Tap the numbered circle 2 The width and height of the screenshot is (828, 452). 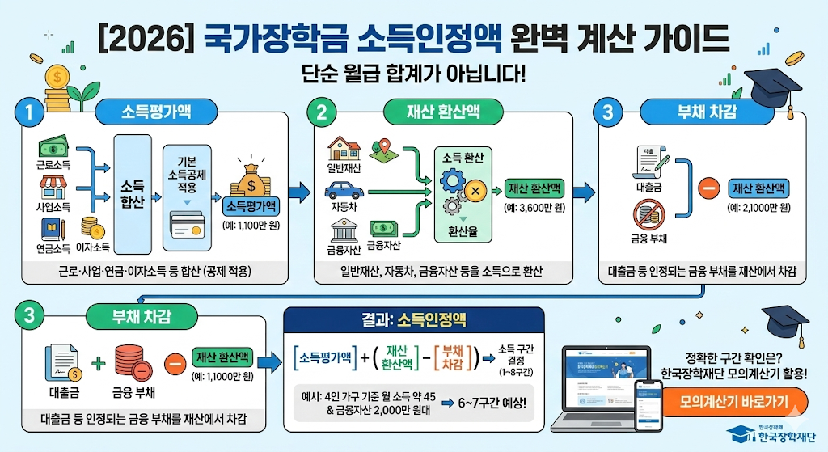click(321, 112)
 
